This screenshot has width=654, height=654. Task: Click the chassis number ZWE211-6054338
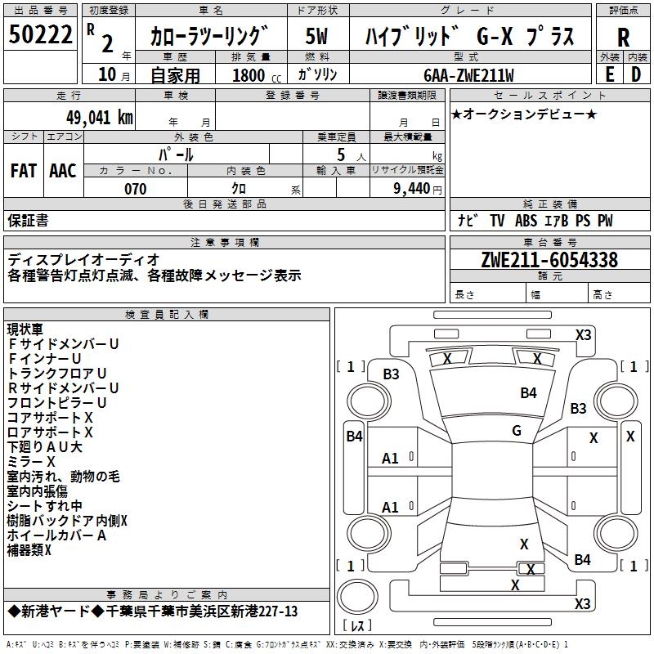pos(549,260)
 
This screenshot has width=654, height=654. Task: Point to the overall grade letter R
pos(624,37)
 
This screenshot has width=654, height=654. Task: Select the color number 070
pos(135,189)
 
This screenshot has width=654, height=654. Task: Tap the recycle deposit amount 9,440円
pos(417,189)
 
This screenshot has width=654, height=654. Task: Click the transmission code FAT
pos(23,171)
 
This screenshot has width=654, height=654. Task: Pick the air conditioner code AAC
pos(62,171)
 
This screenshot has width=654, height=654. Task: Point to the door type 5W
pos(316,36)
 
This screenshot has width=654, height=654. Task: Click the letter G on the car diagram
pos(516,430)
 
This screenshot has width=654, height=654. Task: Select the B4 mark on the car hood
pos(528,393)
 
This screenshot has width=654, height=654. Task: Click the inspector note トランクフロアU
pos(57,373)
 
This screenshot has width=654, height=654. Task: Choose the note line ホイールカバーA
pos(57,535)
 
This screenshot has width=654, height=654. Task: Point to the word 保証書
pos(28,221)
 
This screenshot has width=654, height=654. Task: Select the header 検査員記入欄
pos(167,314)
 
